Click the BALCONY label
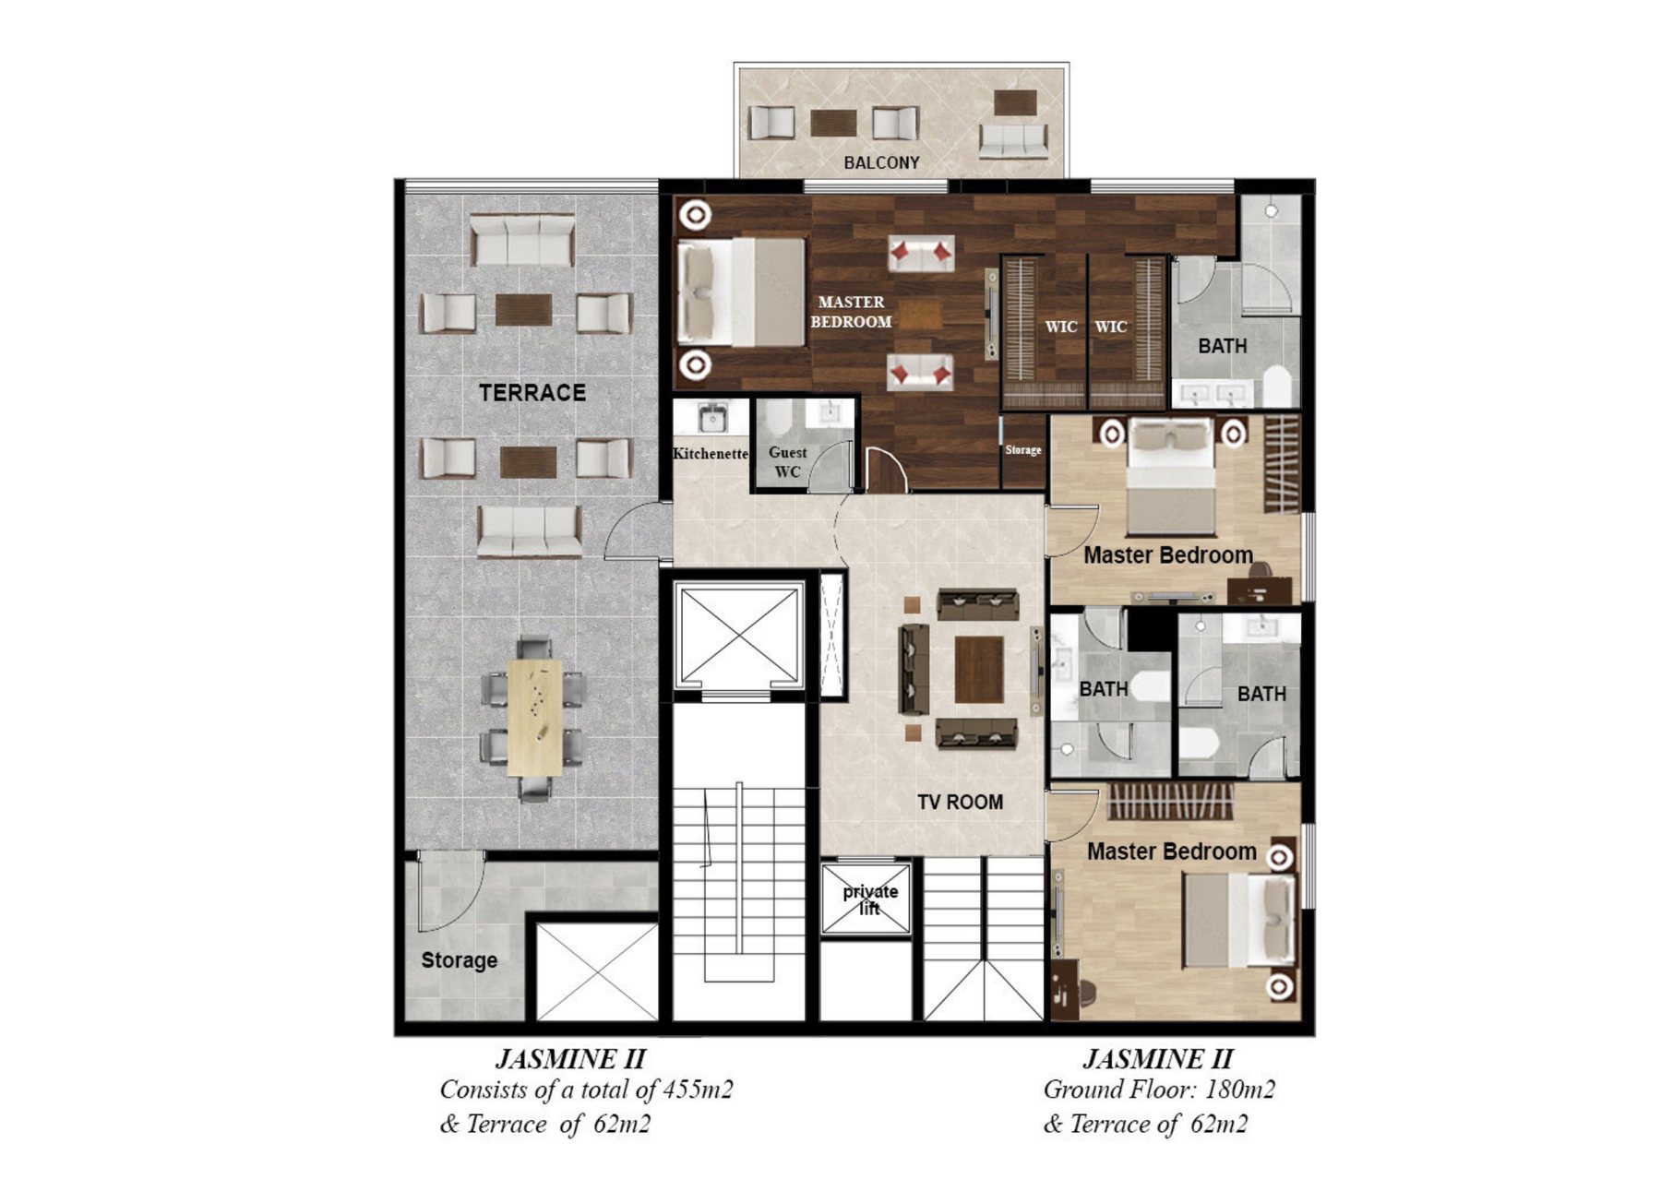pyautogui.click(x=881, y=162)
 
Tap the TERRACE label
pyautogui.click(x=532, y=392)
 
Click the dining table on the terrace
pyautogui.click(x=534, y=717)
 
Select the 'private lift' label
pyautogui.click(x=869, y=899)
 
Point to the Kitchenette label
pyautogui.click(x=710, y=453)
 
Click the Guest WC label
pyautogui.click(x=787, y=462)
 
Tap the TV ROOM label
pyautogui.click(x=960, y=802)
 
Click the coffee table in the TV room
pyautogui.click(x=979, y=669)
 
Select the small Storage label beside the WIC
pyautogui.click(x=1022, y=449)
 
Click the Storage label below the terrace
pyautogui.click(x=459, y=960)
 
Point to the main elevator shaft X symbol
pyautogui.click(x=738, y=635)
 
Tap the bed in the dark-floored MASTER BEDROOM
pyautogui.click(x=741, y=292)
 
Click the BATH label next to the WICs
pyautogui.click(x=1222, y=346)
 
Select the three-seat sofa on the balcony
pyautogui.click(x=1012, y=141)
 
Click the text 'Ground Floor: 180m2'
pyautogui.click(x=1159, y=1090)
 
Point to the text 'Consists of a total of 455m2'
pyautogui.click(x=586, y=1090)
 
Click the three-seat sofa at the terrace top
pyautogui.click(x=522, y=241)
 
